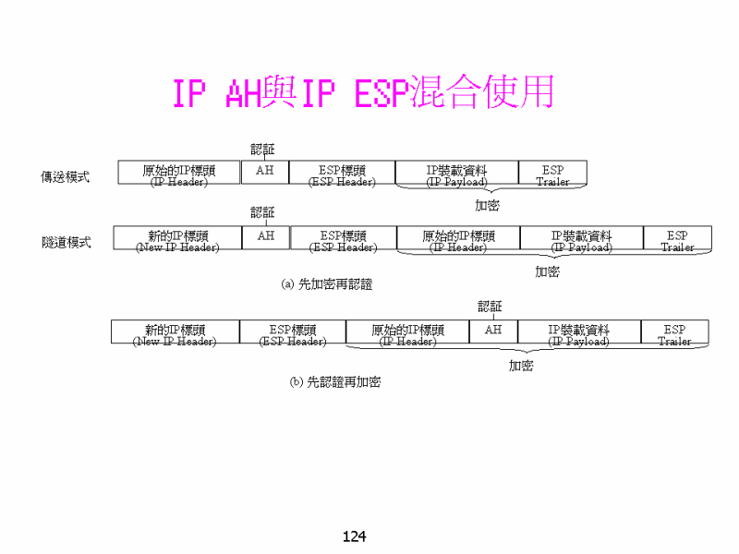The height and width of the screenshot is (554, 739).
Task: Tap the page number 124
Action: (355, 536)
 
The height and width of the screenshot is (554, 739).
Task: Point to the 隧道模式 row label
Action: (66, 242)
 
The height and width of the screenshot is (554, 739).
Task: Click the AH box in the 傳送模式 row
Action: (265, 172)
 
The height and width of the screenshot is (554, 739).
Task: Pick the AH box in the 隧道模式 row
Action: (266, 237)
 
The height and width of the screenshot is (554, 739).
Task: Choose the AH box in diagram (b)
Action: (493, 331)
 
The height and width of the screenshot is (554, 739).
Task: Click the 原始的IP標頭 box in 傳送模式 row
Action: (179, 173)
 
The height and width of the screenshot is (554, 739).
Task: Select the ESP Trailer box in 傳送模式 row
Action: (552, 173)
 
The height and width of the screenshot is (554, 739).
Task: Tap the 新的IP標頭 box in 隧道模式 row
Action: (177, 238)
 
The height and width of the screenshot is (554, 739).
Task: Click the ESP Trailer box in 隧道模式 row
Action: (677, 238)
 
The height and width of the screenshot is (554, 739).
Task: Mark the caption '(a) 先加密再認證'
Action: (327, 284)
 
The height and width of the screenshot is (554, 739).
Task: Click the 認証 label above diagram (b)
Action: (491, 306)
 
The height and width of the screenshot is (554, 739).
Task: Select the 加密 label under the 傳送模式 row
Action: (487, 205)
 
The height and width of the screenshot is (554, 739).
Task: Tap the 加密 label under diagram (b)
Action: (521, 366)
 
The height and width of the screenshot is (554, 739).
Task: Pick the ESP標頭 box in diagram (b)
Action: (293, 331)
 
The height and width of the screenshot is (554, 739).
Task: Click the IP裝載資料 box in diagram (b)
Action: (578, 331)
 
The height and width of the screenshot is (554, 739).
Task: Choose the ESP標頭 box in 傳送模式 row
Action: (342, 173)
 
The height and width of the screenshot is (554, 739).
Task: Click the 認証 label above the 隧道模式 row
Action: (263, 212)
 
